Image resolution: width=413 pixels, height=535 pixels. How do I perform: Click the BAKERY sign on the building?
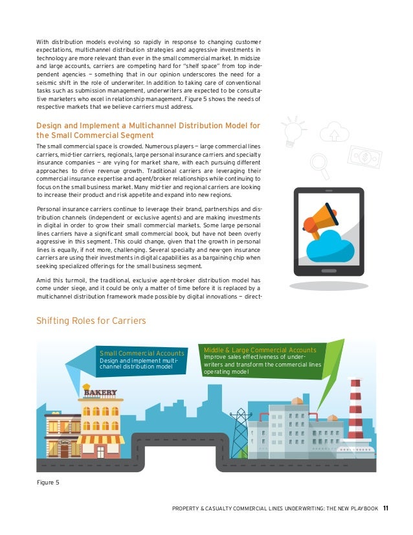click(x=100, y=392)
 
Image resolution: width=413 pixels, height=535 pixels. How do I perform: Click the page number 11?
click(x=386, y=507)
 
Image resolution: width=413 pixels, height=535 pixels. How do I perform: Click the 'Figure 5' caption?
click(x=48, y=482)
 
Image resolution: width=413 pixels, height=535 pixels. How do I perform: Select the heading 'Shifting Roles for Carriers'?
click(x=91, y=321)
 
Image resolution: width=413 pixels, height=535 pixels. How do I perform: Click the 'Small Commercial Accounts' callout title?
click(x=142, y=353)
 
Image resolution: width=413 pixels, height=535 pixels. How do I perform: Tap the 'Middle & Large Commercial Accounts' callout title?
click(x=260, y=350)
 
